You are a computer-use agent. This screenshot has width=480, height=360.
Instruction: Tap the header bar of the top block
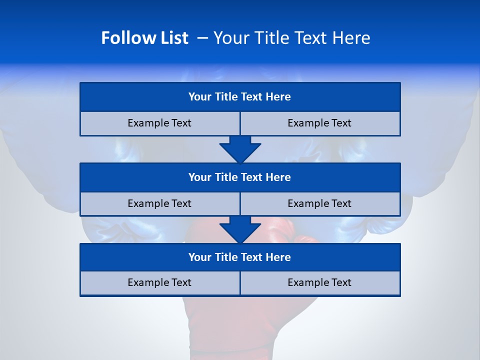pyautogui.click(x=240, y=97)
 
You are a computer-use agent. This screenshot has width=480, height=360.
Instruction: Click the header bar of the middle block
pyautogui.click(x=240, y=177)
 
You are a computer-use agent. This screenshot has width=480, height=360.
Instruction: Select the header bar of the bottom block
pyautogui.click(x=240, y=257)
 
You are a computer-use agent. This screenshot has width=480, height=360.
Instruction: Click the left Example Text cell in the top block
pyautogui.click(x=159, y=123)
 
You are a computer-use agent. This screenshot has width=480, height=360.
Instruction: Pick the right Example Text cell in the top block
pyautogui.click(x=319, y=123)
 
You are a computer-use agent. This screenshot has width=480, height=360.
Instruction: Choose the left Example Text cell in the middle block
pyautogui.click(x=159, y=204)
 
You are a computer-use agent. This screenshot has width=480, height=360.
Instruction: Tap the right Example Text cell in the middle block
pyautogui.click(x=319, y=204)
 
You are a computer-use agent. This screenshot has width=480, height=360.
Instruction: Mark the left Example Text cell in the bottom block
pyautogui.click(x=159, y=283)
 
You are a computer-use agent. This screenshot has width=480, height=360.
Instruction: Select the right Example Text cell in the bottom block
pyautogui.click(x=319, y=283)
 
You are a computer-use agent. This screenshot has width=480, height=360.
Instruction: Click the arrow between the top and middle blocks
pyautogui.click(x=240, y=150)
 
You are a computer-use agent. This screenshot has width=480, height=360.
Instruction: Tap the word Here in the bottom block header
pyautogui.click(x=278, y=257)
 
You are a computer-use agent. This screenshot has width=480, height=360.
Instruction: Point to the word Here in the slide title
pyautogui.click(x=352, y=38)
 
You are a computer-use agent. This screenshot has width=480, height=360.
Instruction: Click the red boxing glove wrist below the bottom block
pyautogui.click(x=230, y=325)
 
